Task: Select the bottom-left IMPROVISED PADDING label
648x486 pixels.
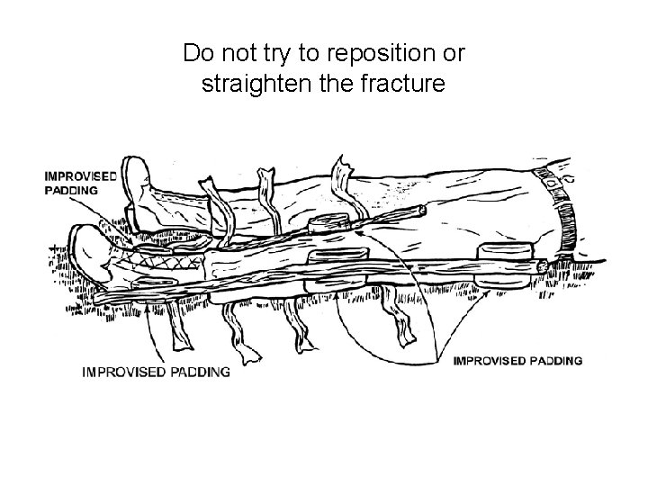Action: tap(156, 371)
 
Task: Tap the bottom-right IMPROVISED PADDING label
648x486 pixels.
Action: tap(517, 361)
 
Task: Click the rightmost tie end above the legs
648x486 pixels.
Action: tap(342, 170)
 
